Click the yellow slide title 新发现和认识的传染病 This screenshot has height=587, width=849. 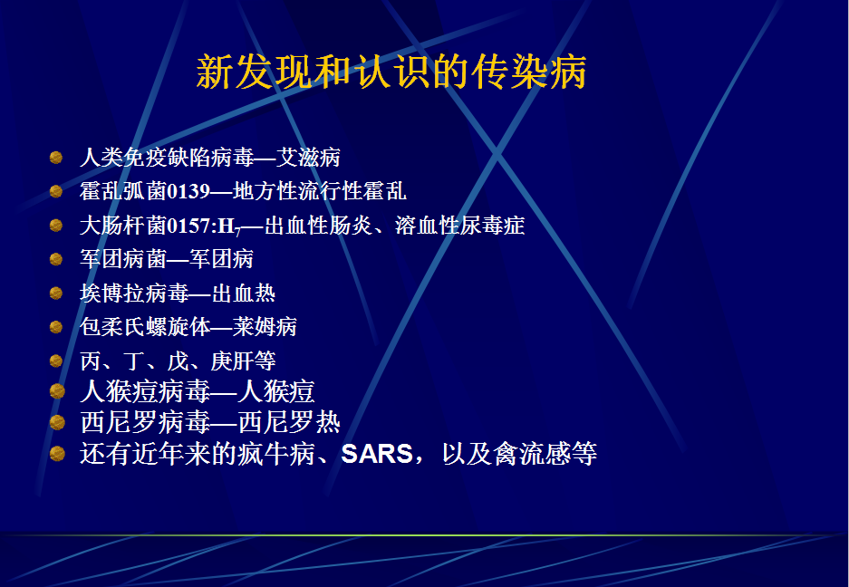391,72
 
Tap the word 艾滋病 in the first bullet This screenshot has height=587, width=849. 308,158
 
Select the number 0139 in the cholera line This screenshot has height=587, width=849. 188,191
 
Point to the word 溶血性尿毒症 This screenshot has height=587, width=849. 459,226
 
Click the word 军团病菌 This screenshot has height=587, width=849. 123,259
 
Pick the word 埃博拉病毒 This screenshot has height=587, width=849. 134,293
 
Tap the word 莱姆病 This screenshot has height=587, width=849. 265,326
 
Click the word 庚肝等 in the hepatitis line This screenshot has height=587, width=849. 243,361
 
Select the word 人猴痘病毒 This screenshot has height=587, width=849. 145,391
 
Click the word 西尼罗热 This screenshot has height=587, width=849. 289,422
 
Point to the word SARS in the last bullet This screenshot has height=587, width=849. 377,454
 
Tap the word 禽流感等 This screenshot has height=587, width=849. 545,454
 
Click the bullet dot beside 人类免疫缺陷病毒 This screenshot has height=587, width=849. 56,158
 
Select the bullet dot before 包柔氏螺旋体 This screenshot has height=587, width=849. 56,326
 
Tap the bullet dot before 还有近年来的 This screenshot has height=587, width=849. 57,453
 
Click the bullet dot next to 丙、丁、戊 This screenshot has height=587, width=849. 56,361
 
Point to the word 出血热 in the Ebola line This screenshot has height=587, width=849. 243,293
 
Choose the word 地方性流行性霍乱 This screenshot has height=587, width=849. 320,191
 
